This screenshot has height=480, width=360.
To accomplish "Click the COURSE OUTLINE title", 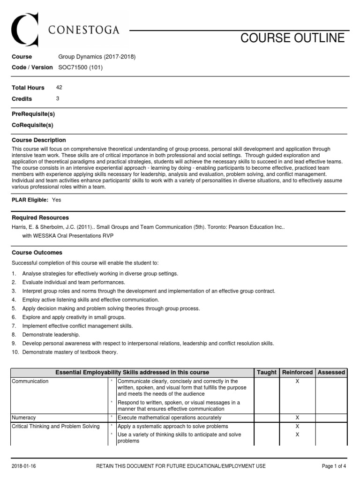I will [292, 38].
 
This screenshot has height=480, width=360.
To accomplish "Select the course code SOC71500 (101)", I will [80, 67].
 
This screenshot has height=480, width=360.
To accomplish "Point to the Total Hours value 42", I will [59, 87].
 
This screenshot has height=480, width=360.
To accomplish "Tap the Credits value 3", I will [58, 98].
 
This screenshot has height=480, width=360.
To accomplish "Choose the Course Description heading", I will [38, 140].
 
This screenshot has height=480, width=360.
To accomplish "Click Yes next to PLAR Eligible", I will [57, 200].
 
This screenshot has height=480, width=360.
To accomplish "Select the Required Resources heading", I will [40, 217].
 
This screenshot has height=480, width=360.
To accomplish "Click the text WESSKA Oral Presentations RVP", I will [67, 236].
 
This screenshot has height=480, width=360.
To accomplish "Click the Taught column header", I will [266, 372].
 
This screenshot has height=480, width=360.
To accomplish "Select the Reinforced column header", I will [297, 372].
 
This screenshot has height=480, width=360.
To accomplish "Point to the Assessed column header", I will [331, 372].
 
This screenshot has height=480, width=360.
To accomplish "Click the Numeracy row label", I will [24, 417].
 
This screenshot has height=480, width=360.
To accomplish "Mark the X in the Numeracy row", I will [297, 417].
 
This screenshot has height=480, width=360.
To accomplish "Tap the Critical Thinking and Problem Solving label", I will [56, 426].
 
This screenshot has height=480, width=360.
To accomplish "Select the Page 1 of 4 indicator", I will [334, 466].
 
